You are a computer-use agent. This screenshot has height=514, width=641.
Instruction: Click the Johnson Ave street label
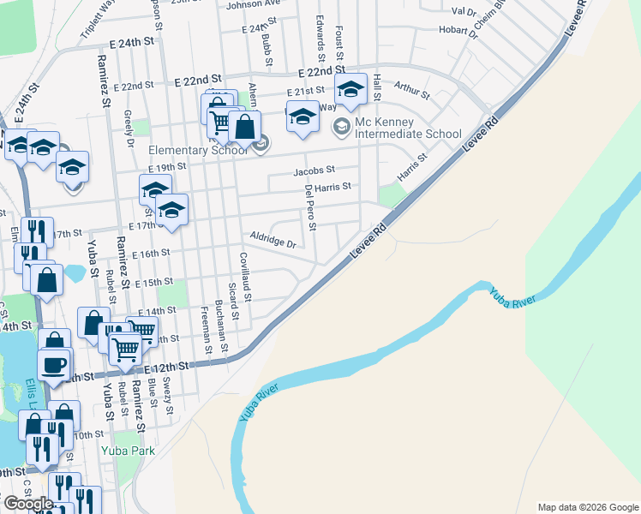(253, 4)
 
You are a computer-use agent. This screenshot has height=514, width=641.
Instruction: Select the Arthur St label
(411, 86)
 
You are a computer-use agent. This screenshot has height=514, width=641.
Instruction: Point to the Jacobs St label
(314, 171)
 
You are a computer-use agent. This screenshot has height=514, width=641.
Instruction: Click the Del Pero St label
(309, 209)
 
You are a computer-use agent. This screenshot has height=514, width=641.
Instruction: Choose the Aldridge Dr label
(273, 239)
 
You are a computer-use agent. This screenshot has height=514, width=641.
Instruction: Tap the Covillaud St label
(245, 282)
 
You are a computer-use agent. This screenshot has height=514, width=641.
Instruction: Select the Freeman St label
(206, 330)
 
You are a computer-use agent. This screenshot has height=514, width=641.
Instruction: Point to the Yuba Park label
(126, 450)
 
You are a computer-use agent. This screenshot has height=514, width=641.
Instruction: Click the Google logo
(28, 504)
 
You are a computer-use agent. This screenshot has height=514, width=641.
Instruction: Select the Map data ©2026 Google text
(587, 506)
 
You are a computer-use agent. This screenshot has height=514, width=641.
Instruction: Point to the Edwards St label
(320, 30)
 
